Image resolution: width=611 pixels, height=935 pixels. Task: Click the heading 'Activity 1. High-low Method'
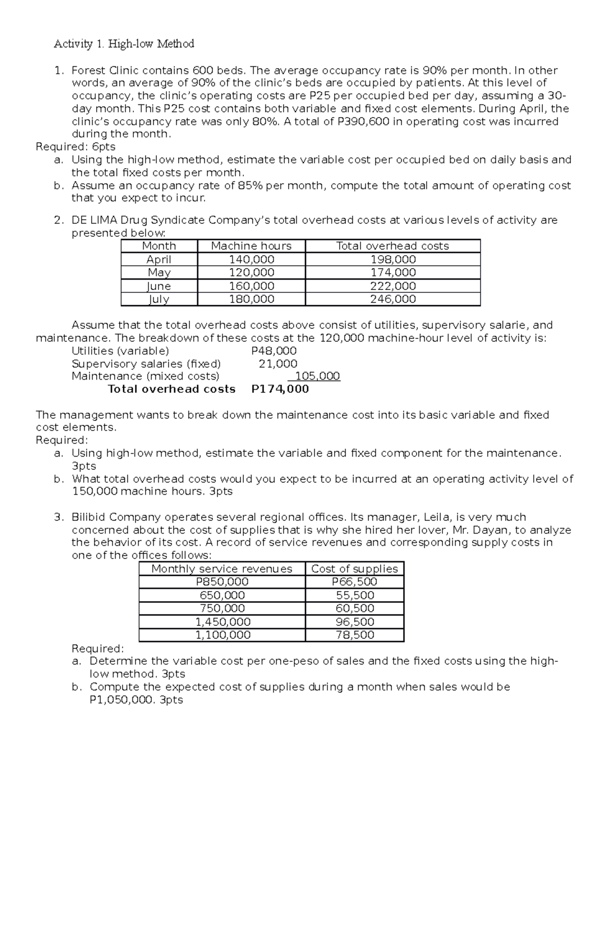pyautogui.click(x=124, y=44)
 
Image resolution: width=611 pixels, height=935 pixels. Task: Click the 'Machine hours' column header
pyautogui.click(x=251, y=246)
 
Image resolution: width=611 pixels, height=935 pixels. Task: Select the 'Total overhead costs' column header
pyautogui.click(x=393, y=246)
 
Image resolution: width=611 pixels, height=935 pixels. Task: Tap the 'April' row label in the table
pyautogui.click(x=159, y=259)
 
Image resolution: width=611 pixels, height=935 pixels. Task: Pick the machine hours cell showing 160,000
pyautogui.click(x=252, y=286)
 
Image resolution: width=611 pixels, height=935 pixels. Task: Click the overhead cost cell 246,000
pyautogui.click(x=393, y=299)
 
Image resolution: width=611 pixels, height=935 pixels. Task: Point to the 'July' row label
pyautogui.click(x=159, y=299)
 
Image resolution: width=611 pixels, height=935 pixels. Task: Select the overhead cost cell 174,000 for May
pyautogui.click(x=393, y=273)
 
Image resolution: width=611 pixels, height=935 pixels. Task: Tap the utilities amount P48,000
pyautogui.click(x=274, y=351)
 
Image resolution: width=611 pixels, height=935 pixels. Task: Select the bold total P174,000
pyautogui.click(x=280, y=389)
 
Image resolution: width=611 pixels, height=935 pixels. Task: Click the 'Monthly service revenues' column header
pyautogui.click(x=222, y=569)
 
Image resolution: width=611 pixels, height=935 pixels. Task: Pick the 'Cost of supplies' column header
pyautogui.click(x=354, y=569)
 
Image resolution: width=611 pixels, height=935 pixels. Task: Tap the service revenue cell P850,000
pyautogui.click(x=222, y=582)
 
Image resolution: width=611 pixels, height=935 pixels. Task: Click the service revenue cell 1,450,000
pyautogui.click(x=223, y=622)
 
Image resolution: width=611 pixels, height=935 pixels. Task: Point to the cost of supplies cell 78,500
pyautogui.click(x=354, y=635)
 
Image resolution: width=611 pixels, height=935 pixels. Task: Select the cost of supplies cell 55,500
pyautogui.click(x=354, y=595)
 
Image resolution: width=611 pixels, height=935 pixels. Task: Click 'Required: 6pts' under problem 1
pyautogui.click(x=75, y=147)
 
